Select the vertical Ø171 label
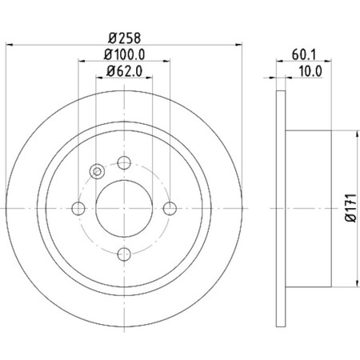pos(350,209)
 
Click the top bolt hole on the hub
pos(124,163)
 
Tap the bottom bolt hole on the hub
pos(124,254)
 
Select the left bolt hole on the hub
pos(78,209)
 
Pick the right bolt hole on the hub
pos(170,209)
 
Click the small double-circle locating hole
pos(98,170)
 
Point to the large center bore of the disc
pos(124,209)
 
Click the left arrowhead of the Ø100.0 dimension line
pos(82,62)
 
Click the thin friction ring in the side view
pos(280,209)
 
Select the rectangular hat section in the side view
pos(308,209)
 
